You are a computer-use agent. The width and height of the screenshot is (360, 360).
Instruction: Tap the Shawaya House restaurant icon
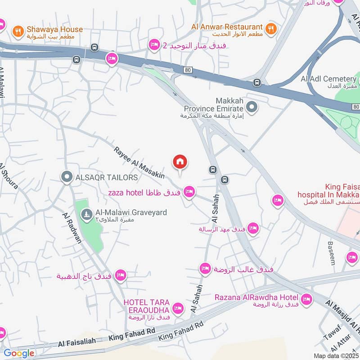[x=18, y=30]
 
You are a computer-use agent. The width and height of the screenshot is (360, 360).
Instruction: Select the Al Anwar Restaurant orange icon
[x=270, y=27]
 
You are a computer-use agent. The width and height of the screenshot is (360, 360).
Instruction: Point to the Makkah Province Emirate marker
[x=252, y=107]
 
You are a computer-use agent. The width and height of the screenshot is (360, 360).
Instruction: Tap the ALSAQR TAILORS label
[x=107, y=177]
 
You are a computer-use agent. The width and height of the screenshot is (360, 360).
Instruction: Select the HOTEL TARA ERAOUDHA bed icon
[x=178, y=308]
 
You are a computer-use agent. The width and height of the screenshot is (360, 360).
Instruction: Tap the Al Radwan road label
[x=72, y=228]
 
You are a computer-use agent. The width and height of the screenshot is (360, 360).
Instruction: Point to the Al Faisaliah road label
[x=76, y=342]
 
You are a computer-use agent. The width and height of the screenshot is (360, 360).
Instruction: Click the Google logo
[x=18, y=353]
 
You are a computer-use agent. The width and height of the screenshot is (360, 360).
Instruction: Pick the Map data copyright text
[x=336, y=355]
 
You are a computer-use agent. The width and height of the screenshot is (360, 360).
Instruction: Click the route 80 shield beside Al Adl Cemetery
[x=355, y=107]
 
